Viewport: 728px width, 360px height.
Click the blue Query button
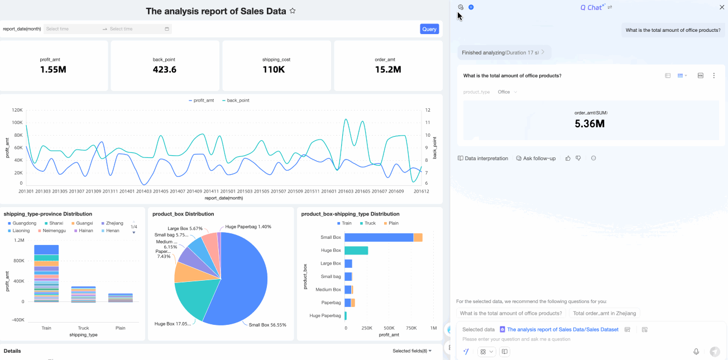pyautogui.click(x=429, y=29)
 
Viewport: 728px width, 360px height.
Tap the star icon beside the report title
pyautogui.click(x=293, y=11)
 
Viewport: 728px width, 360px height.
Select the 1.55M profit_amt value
pyautogui.click(x=54, y=70)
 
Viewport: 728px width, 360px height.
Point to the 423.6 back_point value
pyautogui.click(x=165, y=70)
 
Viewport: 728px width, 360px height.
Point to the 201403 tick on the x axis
pyautogui.click(x=144, y=191)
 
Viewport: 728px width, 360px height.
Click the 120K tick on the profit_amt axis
pyautogui.click(x=17, y=110)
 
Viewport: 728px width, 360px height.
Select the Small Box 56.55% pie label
pyautogui.click(x=267, y=324)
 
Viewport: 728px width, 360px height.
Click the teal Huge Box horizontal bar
pyautogui.click(x=356, y=251)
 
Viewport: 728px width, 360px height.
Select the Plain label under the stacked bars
pyautogui.click(x=120, y=328)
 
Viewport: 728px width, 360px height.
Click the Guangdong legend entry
pyautogui.click(x=24, y=223)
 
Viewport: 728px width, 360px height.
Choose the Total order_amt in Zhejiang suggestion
pyautogui.click(x=605, y=314)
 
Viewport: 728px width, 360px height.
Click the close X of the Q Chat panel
pyautogui.click(x=721, y=7)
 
